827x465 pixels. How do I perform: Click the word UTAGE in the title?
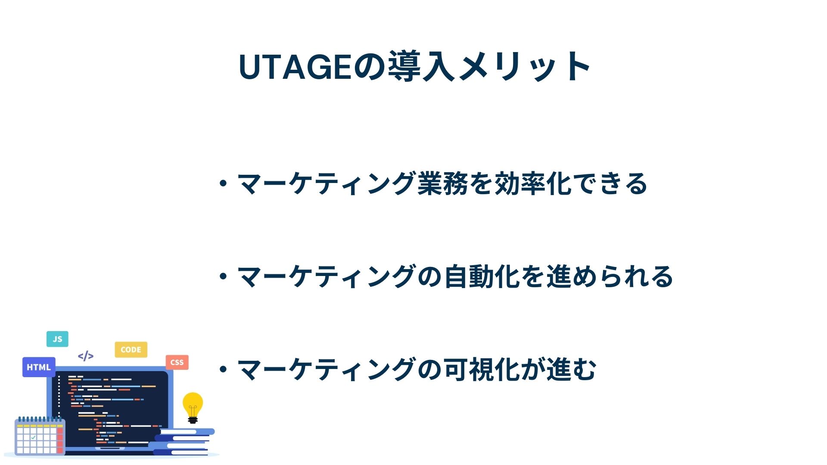tap(296, 67)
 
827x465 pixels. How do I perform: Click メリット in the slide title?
tap(524, 67)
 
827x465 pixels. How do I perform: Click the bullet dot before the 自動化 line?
tap(223, 276)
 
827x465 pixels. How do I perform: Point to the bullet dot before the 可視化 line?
tap(223, 369)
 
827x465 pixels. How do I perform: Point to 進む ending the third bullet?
tap(571, 369)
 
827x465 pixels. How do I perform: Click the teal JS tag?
tap(57, 339)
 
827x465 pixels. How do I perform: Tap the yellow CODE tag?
tap(131, 350)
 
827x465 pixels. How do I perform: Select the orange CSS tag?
tap(177, 362)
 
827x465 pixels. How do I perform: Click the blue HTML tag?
tap(39, 367)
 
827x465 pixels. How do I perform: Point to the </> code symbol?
tap(86, 356)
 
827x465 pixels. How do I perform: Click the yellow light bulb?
tap(193, 407)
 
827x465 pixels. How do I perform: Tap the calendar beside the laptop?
tap(40, 436)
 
